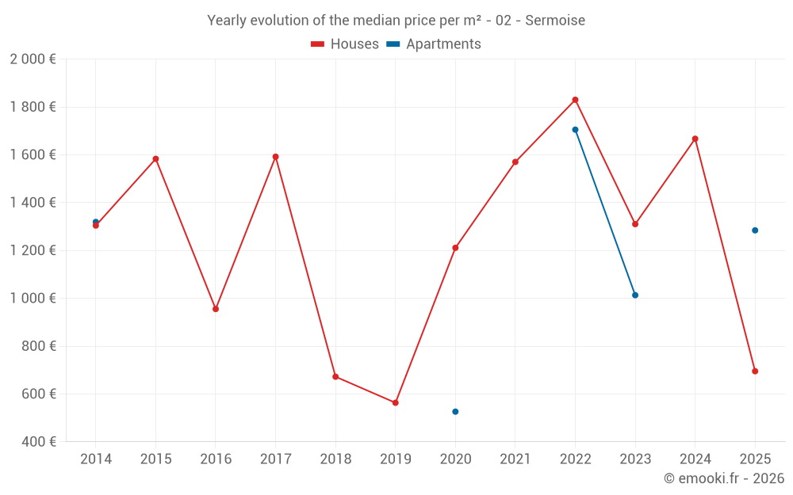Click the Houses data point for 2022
pyautogui.click(x=575, y=100)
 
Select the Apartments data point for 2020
pyautogui.click(x=455, y=412)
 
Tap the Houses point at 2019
pyautogui.click(x=395, y=402)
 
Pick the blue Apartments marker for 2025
pyautogui.click(x=755, y=230)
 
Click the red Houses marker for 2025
pyautogui.click(x=755, y=371)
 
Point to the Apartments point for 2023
pyautogui.click(x=635, y=295)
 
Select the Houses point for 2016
pyautogui.click(x=216, y=309)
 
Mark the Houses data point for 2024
pyautogui.click(x=695, y=139)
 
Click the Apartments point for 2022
pyautogui.click(x=575, y=130)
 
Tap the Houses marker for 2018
pyautogui.click(x=335, y=376)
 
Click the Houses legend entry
pyautogui.click(x=345, y=44)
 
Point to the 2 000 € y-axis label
pyautogui.click(x=33, y=59)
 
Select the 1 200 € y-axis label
pyautogui.click(x=33, y=250)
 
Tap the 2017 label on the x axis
pyautogui.click(x=275, y=459)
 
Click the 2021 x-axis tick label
pyautogui.click(x=515, y=459)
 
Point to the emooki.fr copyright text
pyautogui.click(x=723, y=478)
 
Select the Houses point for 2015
pyautogui.click(x=155, y=158)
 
